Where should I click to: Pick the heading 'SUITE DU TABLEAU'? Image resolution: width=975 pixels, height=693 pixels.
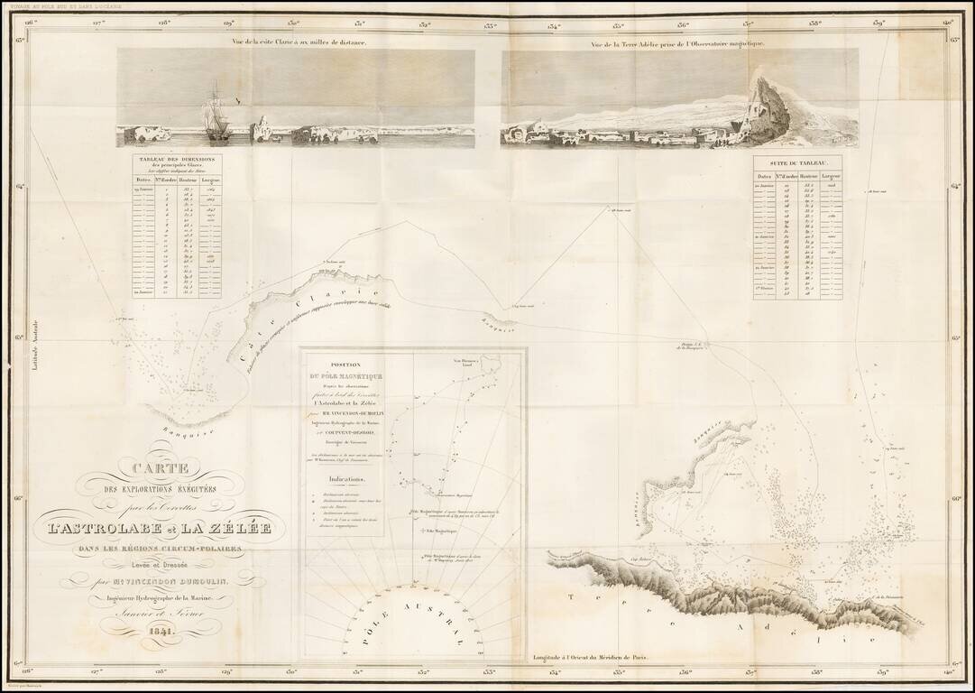coord(798,162)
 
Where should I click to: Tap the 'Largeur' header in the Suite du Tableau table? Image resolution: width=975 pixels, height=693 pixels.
coord(831,176)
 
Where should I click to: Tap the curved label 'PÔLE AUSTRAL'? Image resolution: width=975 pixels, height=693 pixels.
coord(412,617)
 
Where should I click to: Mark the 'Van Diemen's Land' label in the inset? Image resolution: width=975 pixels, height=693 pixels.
coord(474,362)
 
